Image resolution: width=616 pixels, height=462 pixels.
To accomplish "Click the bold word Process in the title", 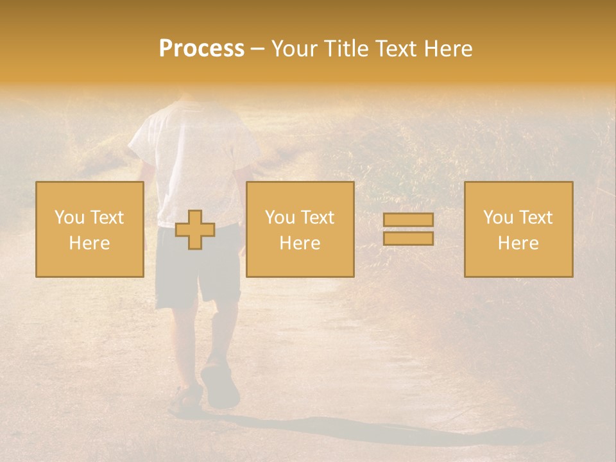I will coord(201,49).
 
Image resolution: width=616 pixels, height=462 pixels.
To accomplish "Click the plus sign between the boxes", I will coord(195,230).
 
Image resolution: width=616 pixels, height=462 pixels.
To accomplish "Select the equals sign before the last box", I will coord(408,229).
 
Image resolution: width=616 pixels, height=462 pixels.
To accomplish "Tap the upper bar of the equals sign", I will coord(408,220).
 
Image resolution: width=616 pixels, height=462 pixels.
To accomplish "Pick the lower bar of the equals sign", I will coord(408,239).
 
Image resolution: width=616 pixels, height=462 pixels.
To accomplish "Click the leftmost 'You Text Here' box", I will coord(90,229).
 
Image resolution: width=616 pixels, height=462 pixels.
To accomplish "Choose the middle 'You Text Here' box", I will coord(300,229).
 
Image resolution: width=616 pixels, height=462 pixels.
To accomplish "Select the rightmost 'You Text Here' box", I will coord(518,229).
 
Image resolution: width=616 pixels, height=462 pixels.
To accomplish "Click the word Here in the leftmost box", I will coord(90,243).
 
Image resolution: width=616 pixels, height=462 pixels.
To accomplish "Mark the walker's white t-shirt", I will coord(193,160).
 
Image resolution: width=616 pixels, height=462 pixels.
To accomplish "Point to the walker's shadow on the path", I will coord(359,430).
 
